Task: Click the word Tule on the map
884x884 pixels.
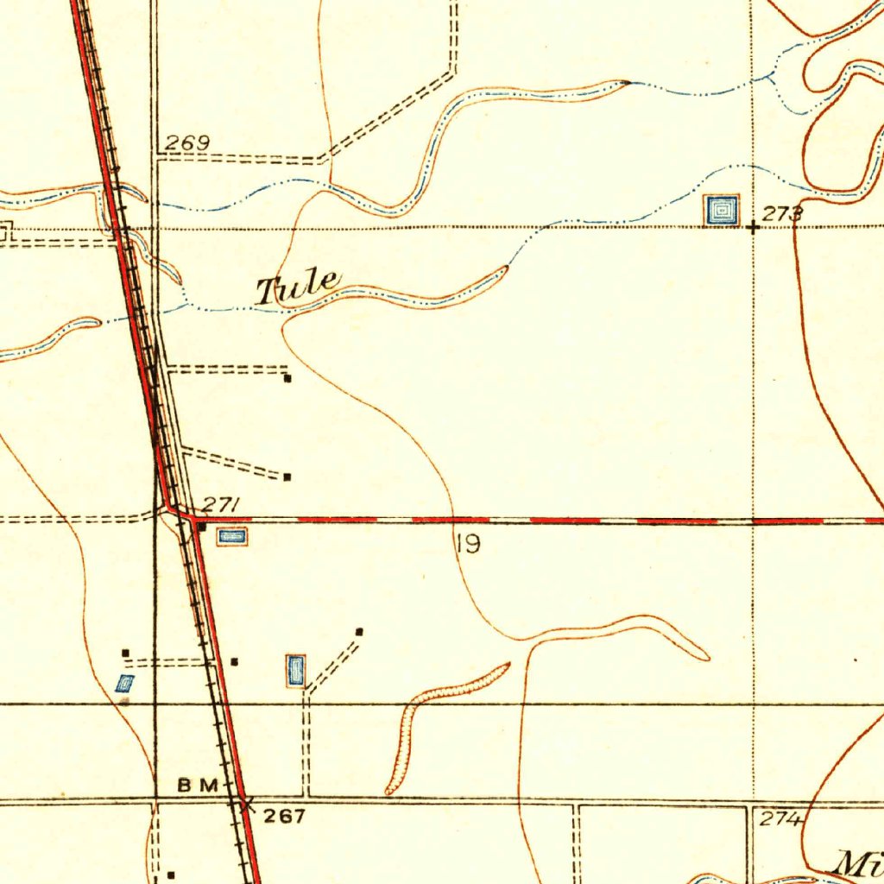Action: point(298,287)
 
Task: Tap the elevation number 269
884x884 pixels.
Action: point(187,143)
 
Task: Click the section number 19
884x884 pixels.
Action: point(469,545)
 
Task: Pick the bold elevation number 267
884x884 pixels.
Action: point(284,816)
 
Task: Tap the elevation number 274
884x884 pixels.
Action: point(779,820)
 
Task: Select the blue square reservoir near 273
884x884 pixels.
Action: point(721,210)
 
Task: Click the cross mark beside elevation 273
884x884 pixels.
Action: point(754,228)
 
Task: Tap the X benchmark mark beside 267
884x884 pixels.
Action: point(246,804)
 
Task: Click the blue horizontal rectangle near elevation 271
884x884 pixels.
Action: point(231,537)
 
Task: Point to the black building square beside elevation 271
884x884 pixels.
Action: point(201,525)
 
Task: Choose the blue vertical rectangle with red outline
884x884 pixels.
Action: point(295,671)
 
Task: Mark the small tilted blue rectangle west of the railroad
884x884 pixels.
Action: point(125,685)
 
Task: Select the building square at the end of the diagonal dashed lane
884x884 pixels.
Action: point(360,632)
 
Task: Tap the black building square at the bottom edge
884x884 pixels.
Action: point(171,874)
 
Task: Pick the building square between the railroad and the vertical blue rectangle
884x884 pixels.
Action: point(235,662)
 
